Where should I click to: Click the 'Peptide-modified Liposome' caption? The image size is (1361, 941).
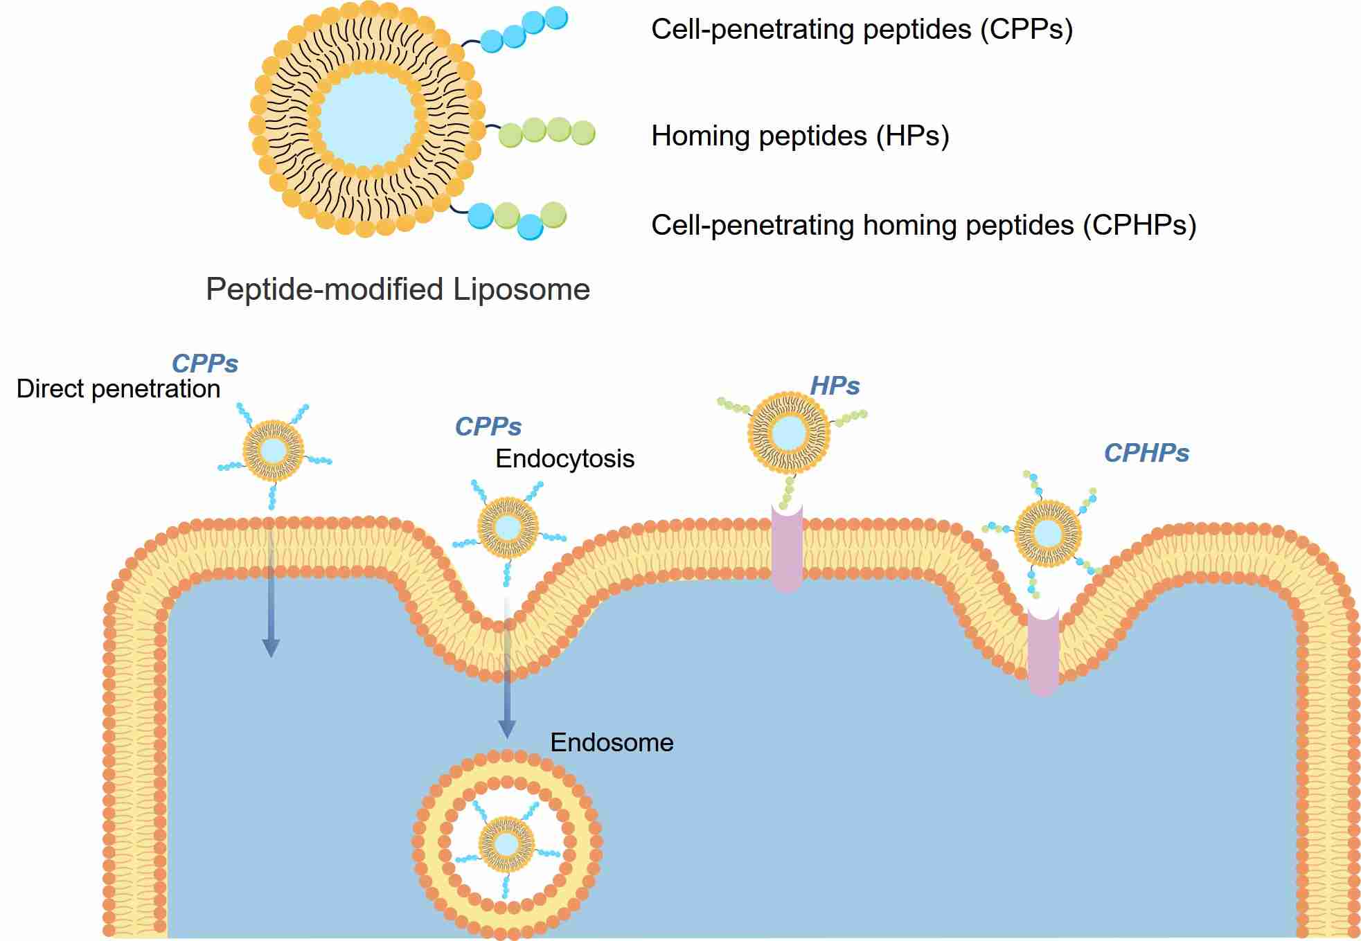(398, 289)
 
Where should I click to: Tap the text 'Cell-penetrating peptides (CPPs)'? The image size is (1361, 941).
(862, 30)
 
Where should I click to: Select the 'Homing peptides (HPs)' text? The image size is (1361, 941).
(800, 136)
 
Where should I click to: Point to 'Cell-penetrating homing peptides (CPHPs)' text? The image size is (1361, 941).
(923, 226)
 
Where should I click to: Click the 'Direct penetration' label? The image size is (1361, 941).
(118, 389)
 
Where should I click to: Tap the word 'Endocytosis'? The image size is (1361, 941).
(564, 459)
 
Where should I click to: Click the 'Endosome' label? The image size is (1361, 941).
(612, 743)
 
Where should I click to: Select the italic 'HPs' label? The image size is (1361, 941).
(835, 386)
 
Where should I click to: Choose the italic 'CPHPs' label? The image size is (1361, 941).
(1146, 454)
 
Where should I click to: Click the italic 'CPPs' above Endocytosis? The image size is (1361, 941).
(488, 427)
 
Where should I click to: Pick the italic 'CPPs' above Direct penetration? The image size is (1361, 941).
(204, 364)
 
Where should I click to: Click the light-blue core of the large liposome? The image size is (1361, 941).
(368, 119)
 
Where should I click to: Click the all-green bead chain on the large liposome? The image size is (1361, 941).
(547, 132)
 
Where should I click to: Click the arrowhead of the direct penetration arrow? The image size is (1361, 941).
(271, 648)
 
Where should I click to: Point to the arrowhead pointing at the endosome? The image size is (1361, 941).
(507, 729)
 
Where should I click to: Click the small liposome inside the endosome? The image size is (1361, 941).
(507, 844)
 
